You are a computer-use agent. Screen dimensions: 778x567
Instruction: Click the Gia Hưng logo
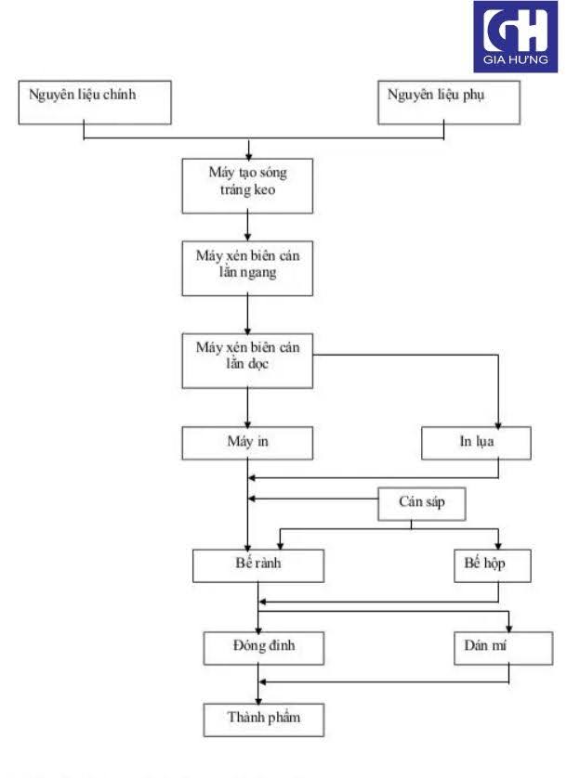[x=516, y=36]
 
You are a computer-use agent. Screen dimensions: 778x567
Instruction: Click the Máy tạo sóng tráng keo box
[x=246, y=184]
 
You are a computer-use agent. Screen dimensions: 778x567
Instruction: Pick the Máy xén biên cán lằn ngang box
[x=246, y=268]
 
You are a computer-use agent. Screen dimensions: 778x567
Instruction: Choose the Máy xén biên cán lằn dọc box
[x=246, y=359]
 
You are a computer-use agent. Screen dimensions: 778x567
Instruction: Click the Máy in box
[x=246, y=443]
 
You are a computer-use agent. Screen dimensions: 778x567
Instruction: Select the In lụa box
[x=476, y=443]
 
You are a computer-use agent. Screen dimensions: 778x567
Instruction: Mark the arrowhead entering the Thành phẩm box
[x=257, y=699]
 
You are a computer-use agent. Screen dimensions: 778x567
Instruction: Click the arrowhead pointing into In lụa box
[x=499, y=422]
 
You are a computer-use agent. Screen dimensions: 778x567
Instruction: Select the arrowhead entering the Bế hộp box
[x=499, y=545]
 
